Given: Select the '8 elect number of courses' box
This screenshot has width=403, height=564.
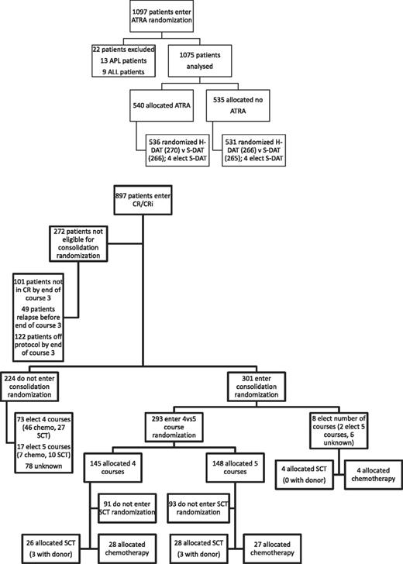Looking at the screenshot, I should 347,435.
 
